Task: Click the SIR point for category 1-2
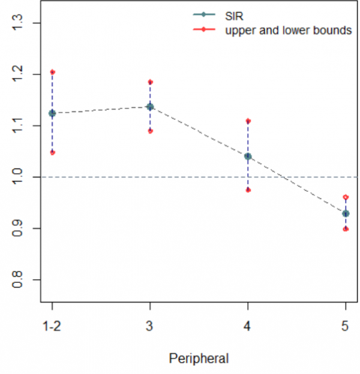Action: (52, 113)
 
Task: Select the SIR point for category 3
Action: (150, 107)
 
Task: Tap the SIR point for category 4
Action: (248, 156)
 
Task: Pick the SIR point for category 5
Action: (346, 213)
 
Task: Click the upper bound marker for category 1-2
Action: (52, 72)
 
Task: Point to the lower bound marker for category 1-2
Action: (52, 152)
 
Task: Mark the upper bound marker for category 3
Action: (150, 82)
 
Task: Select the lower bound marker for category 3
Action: (150, 131)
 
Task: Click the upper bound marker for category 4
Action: (248, 121)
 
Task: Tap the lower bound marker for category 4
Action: (248, 190)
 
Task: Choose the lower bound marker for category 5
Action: (346, 229)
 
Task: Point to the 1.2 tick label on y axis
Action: (18, 74)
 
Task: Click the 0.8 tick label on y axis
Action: (18, 280)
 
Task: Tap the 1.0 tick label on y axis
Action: (18, 177)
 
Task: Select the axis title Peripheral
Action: (199, 358)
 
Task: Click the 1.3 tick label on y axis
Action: (18, 23)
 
